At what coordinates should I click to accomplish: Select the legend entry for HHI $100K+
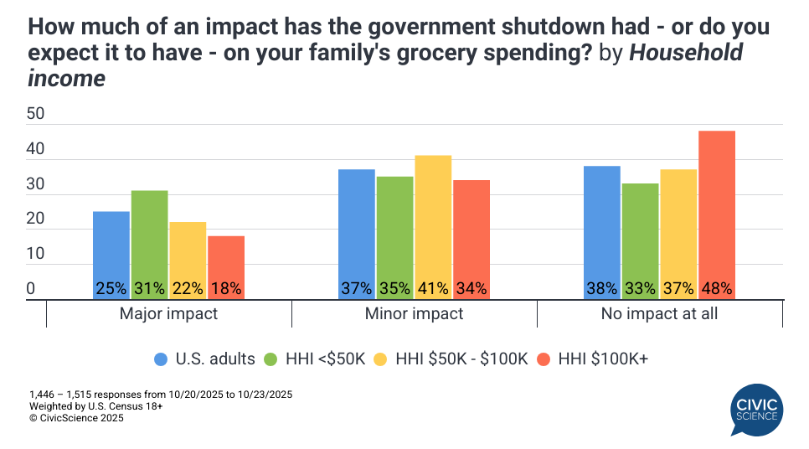pos(595,359)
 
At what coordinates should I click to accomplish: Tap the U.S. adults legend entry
pos(204,359)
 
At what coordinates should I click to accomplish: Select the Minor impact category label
pos(414,314)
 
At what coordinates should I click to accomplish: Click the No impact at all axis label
pos(659,314)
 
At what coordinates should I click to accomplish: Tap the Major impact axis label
pos(168,314)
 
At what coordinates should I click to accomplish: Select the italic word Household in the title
pos(685,53)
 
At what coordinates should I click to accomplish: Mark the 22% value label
pos(187,288)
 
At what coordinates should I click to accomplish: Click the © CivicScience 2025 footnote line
pos(76,418)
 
